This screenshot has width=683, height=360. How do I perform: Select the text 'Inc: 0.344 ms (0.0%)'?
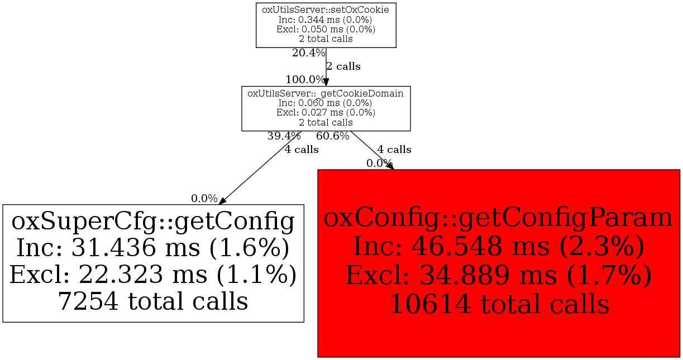(326, 19)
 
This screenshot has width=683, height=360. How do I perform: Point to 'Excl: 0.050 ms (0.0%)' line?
(326, 29)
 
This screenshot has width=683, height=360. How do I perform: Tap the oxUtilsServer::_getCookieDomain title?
(326, 93)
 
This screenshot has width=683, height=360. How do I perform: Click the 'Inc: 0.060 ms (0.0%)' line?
(326, 103)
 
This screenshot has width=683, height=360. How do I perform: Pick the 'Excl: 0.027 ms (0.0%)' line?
(326, 113)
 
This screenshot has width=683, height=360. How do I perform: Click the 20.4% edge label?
(308, 53)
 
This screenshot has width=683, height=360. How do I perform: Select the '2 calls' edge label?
(343, 66)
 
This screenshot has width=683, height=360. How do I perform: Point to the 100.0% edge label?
(305, 79)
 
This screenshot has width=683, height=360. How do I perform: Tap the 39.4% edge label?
(284, 136)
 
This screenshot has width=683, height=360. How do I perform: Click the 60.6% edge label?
(333, 136)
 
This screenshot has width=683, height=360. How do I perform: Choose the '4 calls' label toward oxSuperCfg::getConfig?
(302, 150)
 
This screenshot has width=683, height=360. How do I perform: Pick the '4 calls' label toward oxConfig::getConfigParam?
(394, 150)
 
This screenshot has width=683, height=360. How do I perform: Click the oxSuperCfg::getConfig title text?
(153, 222)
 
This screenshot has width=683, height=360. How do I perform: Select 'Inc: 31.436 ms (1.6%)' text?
(153, 248)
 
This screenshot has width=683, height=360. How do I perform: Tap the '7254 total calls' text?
(153, 301)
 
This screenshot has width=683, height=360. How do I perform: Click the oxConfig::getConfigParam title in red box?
(499, 218)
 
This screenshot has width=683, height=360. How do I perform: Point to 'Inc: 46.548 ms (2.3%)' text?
(499, 247)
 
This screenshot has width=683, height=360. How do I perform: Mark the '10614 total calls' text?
(499, 305)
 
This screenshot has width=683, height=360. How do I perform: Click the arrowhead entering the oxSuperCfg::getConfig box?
(222, 201)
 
